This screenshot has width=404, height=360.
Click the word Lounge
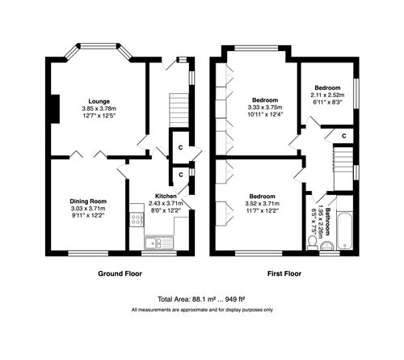click(x=99, y=102)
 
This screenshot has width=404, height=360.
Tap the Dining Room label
click(x=87, y=201)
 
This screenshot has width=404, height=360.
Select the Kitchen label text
click(x=166, y=197)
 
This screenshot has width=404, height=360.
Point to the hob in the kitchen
click(x=179, y=241)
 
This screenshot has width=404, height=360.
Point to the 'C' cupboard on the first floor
click(x=344, y=134)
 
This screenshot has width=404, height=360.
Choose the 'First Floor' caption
click(x=282, y=274)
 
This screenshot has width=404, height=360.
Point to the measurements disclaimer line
click(x=201, y=310)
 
